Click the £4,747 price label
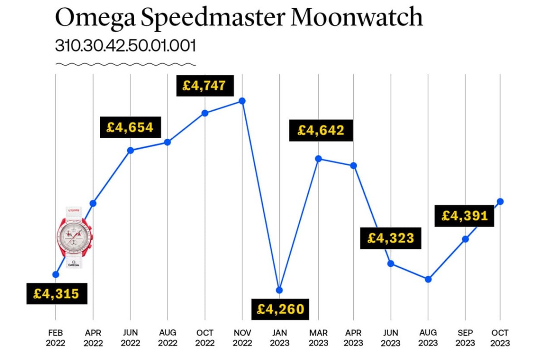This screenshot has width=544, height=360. pyautogui.click(x=204, y=86)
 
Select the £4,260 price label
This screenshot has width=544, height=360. pyautogui.click(x=280, y=310)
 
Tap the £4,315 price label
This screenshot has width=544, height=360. pyautogui.click(x=56, y=294)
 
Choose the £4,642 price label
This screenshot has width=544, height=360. pyautogui.click(x=321, y=131)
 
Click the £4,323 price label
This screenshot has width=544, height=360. pyautogui.click(x=391, y=238)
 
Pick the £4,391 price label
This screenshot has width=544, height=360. pyautogui.click(x=465, y=216)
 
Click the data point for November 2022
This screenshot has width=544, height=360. pyautogui.click(x=243, y=101)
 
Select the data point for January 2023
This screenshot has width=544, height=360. pyautogui.click(x=279, y=290)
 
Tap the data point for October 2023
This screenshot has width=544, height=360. pyautogui.click(x=500, y=201)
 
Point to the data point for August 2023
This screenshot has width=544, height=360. pyautogui.click(x=428, y=279)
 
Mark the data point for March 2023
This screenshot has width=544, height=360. pyautogui.click(x=318, y=159)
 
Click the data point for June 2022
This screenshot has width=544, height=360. pyautogui.click(x=131, y=150)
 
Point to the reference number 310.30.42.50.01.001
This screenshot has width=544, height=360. pyautogui.click(x=125, y=46)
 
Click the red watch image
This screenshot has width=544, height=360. pyautogui.click(x=74, y=236)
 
